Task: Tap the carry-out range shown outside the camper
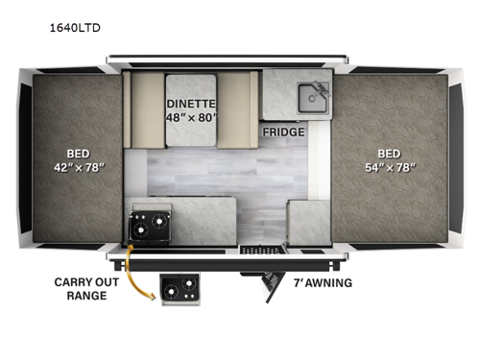(180, 290)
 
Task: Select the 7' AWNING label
(322, 282)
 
